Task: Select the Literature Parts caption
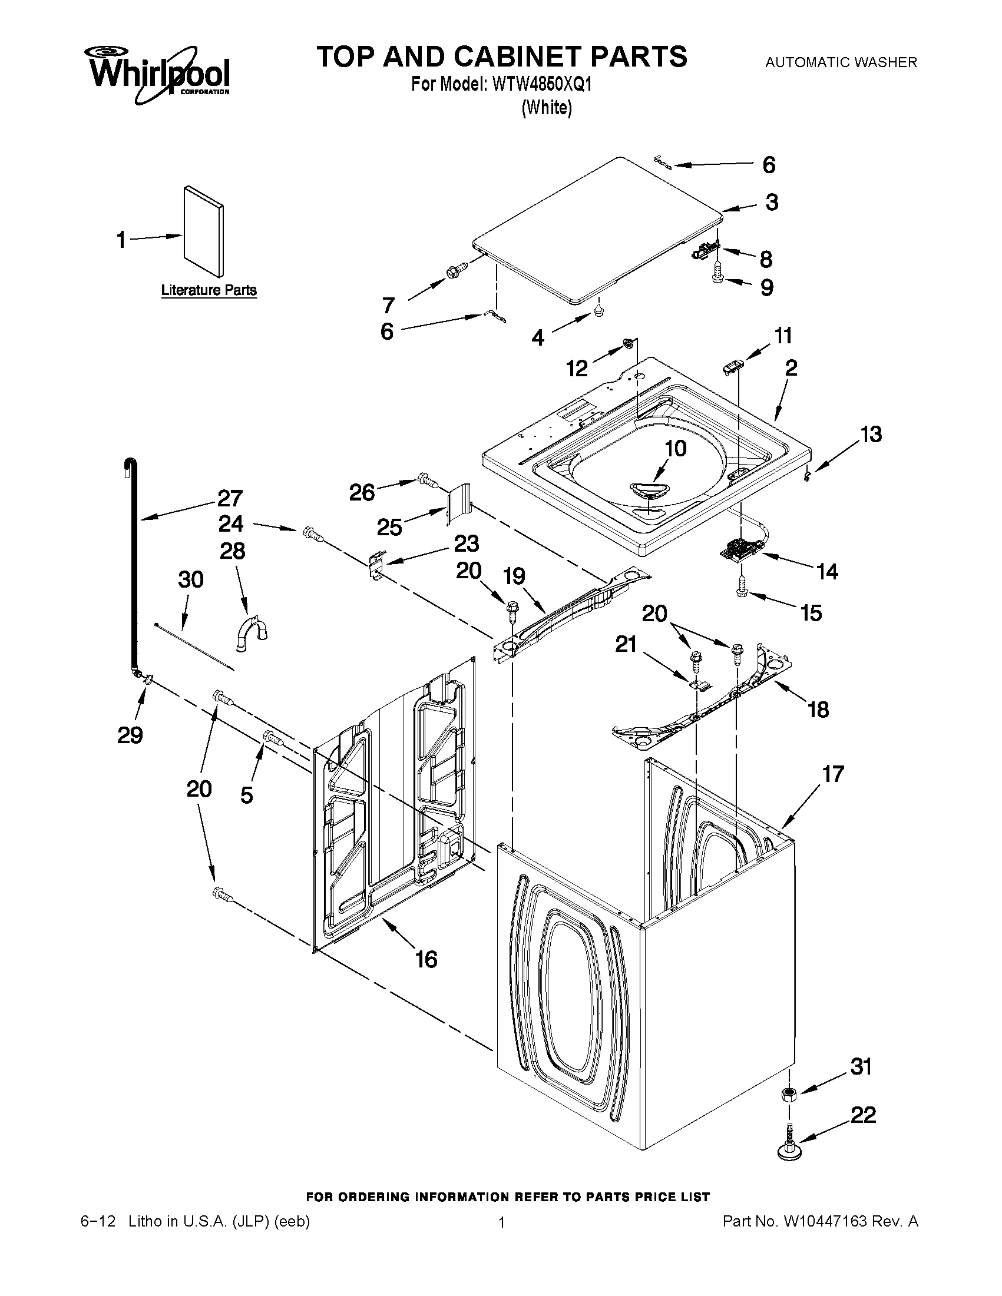point(209,290)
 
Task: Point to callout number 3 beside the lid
point(771,203)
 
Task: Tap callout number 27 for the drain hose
point(230,498)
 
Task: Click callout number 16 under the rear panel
point(426,959)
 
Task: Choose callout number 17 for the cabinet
point(833,774)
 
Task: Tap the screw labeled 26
point(427,479)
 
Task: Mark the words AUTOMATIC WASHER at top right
point(841,62)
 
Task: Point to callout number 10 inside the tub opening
point(675,448)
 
